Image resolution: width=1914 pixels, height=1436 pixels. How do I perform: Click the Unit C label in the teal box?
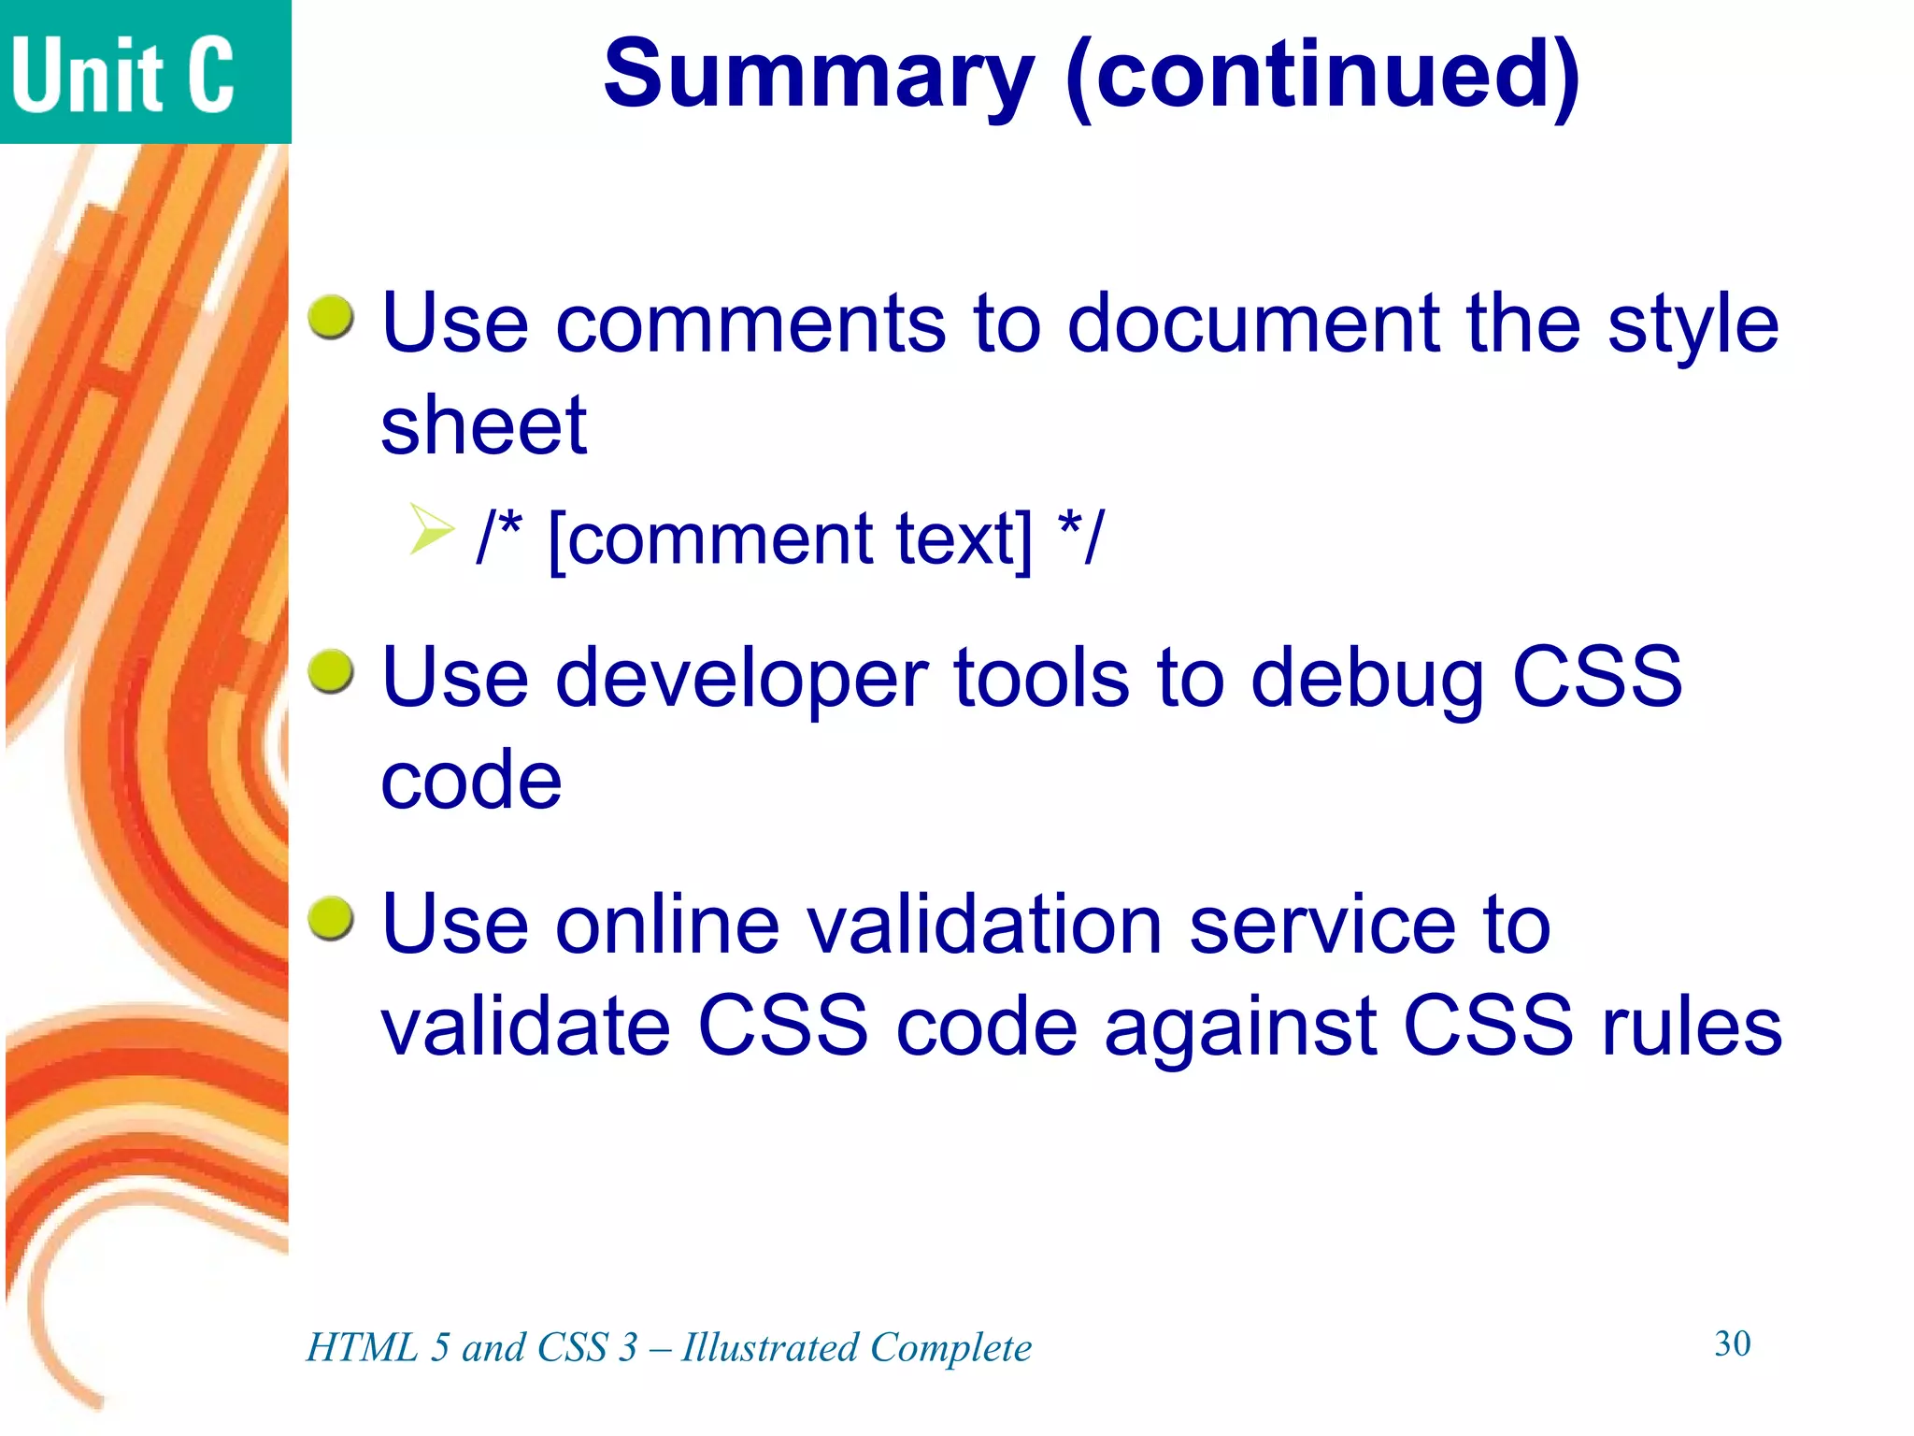(122, 75)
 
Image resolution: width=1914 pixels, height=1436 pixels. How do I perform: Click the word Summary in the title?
(819, 75)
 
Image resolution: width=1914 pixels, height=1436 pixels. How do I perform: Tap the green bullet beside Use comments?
(332, 318)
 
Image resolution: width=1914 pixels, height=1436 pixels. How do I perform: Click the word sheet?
(483, 425)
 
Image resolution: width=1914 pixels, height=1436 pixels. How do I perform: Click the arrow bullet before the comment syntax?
(431, 528)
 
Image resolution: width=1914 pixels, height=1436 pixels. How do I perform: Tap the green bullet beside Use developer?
(332, 672)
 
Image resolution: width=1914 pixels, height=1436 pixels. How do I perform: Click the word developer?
(741, 679)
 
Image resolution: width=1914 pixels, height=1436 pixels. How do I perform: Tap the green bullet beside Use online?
(332, 918)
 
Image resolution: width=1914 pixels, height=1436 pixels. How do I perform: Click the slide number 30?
(1732, 1343)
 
